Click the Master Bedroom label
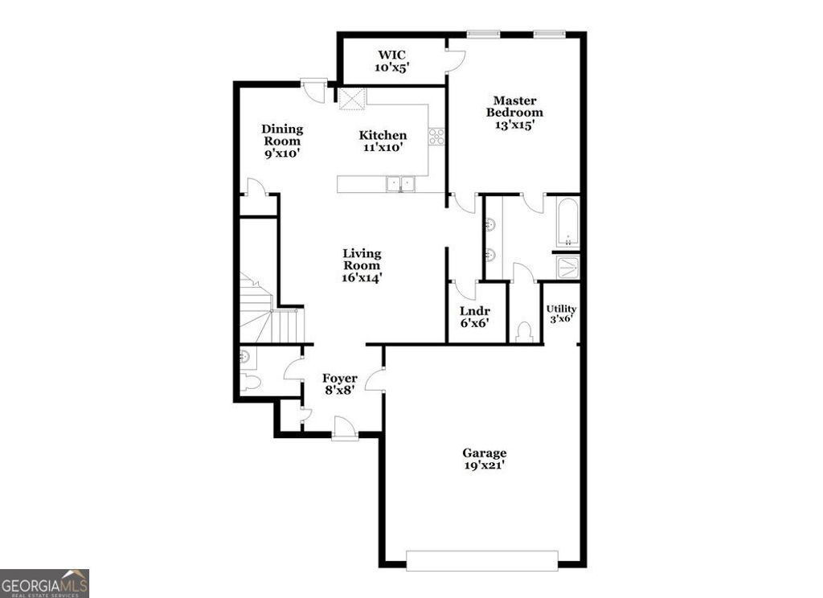click(x=514, y=113)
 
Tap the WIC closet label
click(x=392, y=61)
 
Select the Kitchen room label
click(x=383, y=141)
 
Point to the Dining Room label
click(x=282, y=141)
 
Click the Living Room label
click(x=362, y=265)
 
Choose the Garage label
click(x=484, y=458)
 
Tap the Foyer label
click(x=340, y=384)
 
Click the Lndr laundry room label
click(x=474, y=317)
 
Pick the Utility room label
click(x=561, y=313)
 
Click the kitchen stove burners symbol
click(x=436, y=137)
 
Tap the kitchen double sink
click(x=401, y=185)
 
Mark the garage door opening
click(x=481, y=560)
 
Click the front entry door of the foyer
click(x=344, y=428)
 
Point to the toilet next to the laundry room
click(x=524, y=331)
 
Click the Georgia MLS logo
click(x=44, y=583)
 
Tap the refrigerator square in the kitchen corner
click(x=352, y=99)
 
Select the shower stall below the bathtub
click(x=568, y=267)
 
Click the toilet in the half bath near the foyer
click(x=250, y=382)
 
